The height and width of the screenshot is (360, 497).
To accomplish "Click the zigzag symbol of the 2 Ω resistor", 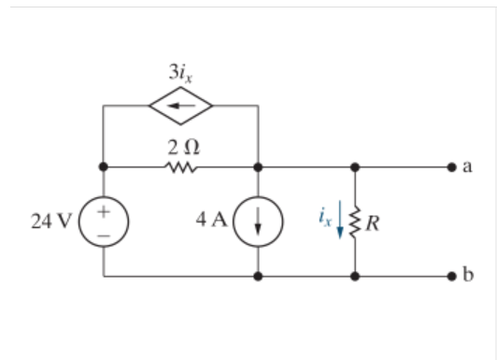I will click(181, 169).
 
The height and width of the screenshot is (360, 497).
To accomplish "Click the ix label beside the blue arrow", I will click(323, 220).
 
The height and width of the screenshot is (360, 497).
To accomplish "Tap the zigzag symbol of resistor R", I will click(355, 223).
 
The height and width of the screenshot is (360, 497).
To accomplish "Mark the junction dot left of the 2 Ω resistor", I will click(104, 169).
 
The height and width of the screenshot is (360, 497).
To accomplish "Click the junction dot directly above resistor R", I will click(355, 169).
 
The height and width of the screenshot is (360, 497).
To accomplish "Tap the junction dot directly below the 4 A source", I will click(258, 278).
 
